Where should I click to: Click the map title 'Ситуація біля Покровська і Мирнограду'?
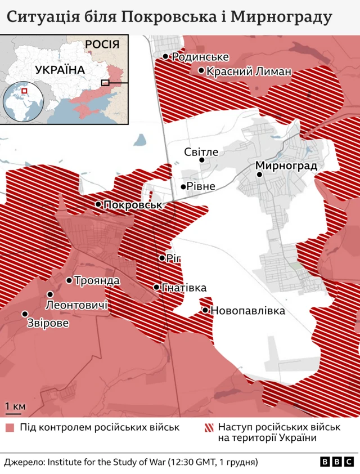[x=168, y=17]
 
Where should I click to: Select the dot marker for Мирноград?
[x=260, y=175]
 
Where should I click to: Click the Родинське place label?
[x=200, y=57]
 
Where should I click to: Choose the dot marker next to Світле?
[x=202, y=160]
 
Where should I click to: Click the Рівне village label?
[x=201, y=187]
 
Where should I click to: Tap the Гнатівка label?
[x=183, y=288]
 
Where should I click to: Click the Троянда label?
[x=96, y=280]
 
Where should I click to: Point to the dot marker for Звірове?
[x=25, y=314]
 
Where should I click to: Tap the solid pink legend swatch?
[x=10, y=428]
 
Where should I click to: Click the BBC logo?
[x=337, y=462]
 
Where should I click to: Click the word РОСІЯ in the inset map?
[x=102, y=44]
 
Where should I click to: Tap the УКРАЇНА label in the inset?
[x=60, y=70]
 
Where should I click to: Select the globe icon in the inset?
[x=24, y=101]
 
